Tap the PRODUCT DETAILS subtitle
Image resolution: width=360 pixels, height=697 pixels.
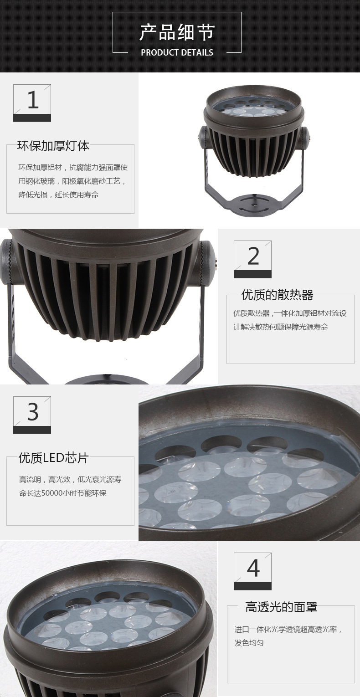coord(177,52)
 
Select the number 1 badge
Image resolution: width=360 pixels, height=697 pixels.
coord(32,103)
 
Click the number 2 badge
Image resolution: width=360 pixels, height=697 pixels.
coord(252,259)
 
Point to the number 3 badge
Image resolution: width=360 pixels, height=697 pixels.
coord(32,415)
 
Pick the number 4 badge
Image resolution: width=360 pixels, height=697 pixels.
coord(252,571)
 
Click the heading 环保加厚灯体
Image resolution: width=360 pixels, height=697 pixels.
coord(53,146)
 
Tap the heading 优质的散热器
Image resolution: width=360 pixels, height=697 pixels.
coord(277,295)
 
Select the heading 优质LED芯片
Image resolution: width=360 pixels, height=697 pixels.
coord(53,458)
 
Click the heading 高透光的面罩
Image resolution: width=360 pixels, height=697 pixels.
coord(281,607)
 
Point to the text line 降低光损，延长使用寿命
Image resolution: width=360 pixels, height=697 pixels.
coord(58,195)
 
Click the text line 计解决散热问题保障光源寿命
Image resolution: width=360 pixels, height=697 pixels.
coord(281,327)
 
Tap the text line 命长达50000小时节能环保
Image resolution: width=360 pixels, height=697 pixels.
coord(62,493)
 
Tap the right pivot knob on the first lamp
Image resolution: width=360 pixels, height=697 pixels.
coord(304,137)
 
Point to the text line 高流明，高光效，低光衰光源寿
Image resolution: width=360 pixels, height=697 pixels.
coord(70,480)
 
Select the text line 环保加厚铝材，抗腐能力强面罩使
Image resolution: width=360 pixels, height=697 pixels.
coord(73,167)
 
